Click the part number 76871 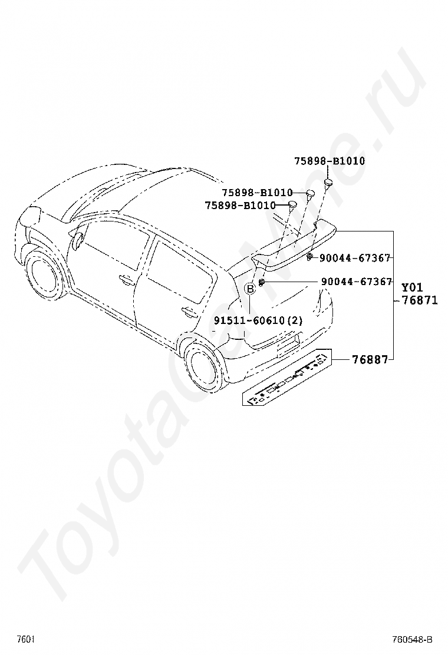click(x=420, y=300)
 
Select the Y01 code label click(x=413, y=287)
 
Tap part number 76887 click(x=370, y=359)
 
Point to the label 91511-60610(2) click(x=258, y=320)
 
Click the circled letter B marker click(x=251, y=288)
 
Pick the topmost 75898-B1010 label click(x=330, y=161)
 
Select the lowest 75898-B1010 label click(x=240, y=206)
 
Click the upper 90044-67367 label click(x=356, y=258)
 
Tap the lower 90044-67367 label click(x=357, y=282)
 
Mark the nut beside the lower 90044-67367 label click(x=262, y=283)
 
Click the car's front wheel click(x=43, y=276)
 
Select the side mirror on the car click(x=77, y=240)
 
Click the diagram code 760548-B click(x=413, y=639)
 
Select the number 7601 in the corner click(x=25, y=639)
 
